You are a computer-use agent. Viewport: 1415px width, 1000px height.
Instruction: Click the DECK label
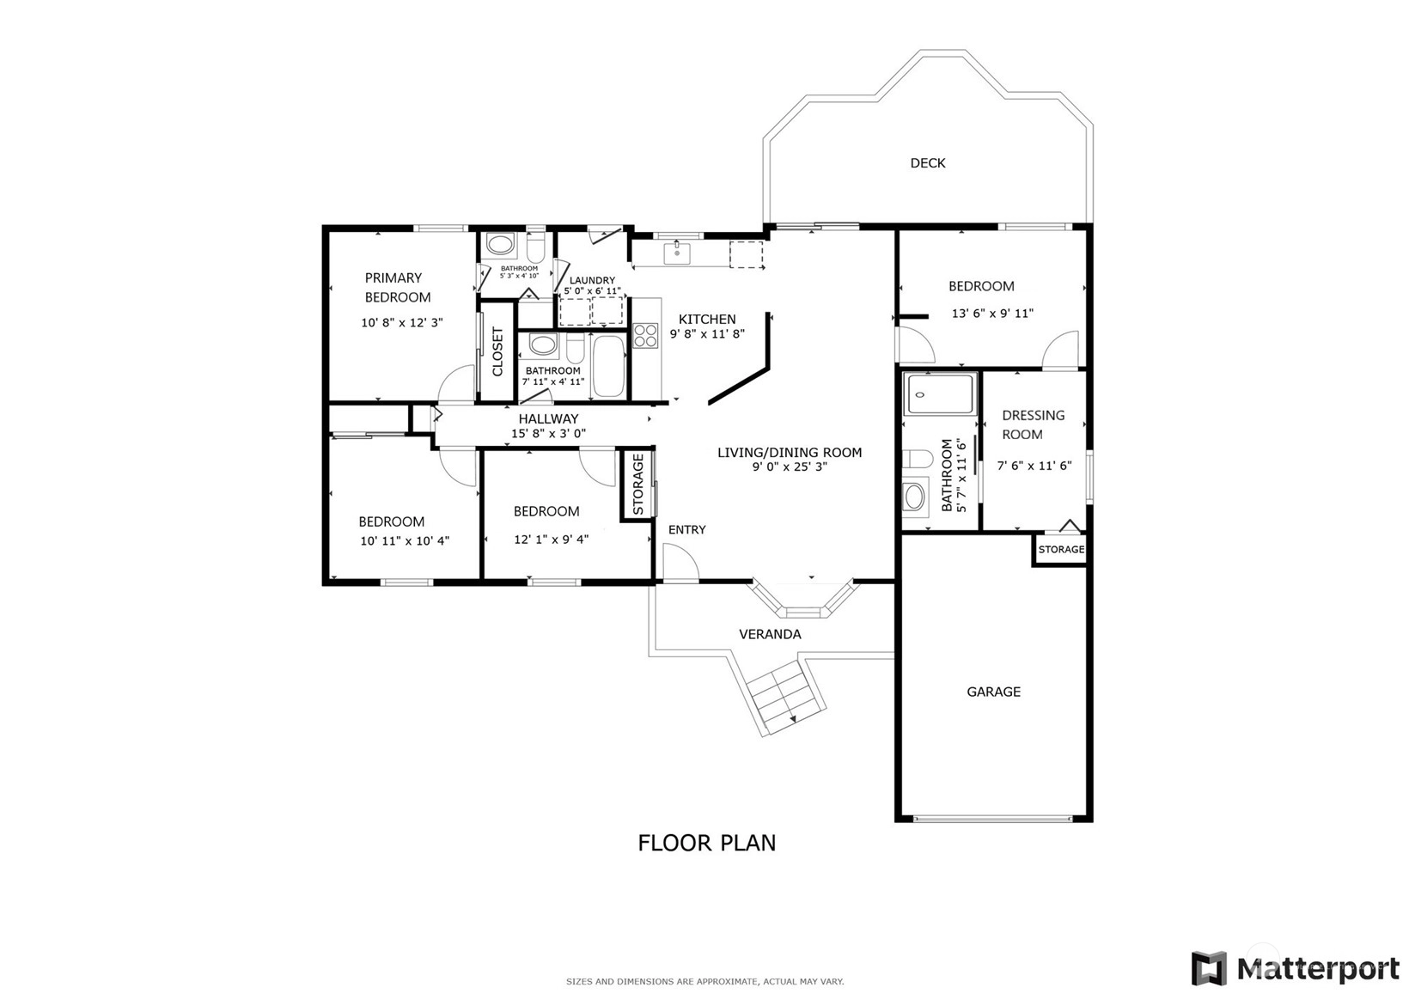tap(927, 163)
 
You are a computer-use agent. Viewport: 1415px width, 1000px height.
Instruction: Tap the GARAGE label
tap(994, 692)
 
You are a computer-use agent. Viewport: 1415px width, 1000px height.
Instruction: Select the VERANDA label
tap(770, 634)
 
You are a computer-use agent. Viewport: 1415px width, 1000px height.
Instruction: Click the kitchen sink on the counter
tap(676, 253)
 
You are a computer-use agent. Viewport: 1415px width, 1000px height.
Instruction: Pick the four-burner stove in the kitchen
tap(645, 335)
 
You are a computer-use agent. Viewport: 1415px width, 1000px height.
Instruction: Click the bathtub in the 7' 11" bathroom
tap(609, 366)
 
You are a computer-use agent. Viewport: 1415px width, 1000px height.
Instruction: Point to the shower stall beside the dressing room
tap(939, 394)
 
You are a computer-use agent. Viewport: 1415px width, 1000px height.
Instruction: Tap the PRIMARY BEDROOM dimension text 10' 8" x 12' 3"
tap(402, 323)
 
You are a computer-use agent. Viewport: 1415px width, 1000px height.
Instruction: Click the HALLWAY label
tap(548, 419)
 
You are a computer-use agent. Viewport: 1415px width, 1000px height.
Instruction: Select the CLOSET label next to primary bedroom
tap(497, 352)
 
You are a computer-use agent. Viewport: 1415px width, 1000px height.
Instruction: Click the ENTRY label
tap(686, 530)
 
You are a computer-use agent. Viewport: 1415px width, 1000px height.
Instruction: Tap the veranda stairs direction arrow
tap(792, 718)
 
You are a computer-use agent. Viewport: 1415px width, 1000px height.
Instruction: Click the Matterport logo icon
tap(1209, 968)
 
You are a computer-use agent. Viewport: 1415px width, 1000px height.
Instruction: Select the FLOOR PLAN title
tap(707, 843)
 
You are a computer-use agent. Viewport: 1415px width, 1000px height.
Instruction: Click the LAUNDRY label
tap(592, 280)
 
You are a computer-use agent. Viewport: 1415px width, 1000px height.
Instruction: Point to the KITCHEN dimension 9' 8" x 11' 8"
tap(708, 333)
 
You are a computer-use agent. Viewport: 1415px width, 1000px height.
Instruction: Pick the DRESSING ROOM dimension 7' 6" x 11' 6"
tap(1034, 466)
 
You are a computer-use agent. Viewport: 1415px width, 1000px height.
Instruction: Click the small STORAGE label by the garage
tap(1061, 550)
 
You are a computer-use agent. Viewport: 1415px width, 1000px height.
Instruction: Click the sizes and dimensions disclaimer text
tap(705, 982)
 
